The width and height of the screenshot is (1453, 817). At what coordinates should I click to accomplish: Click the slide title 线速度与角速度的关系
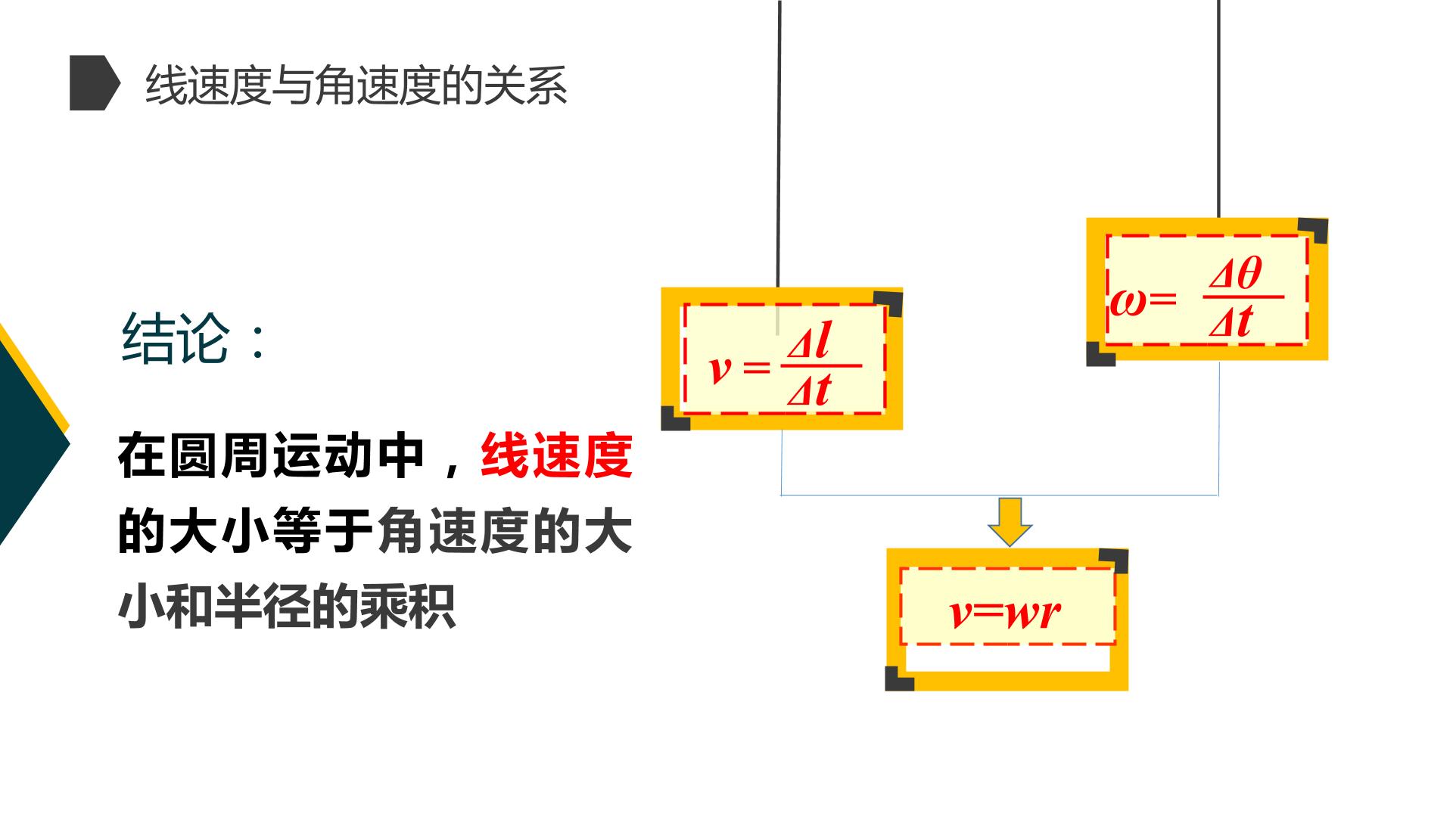pos(356,85)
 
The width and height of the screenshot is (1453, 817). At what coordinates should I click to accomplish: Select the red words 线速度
pos(556,456)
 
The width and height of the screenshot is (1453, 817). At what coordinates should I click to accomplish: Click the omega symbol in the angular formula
pos(1128,300)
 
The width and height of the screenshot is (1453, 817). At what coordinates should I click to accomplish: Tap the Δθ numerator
pos(1236,273)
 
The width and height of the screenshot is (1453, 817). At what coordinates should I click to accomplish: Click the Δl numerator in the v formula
pos(809,342)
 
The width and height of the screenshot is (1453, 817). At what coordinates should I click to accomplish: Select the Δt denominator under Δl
pos(808,390)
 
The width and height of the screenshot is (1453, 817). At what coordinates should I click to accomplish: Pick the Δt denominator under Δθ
pos(1231,320)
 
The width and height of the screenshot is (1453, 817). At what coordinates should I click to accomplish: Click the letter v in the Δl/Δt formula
pos(720,369)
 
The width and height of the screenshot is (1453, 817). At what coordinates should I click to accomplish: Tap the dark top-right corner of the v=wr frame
pos(1114,561)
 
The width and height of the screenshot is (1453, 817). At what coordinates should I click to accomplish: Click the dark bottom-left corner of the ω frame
pos(1100,354)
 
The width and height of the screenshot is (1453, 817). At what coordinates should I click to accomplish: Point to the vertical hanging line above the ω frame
pos(1218,109)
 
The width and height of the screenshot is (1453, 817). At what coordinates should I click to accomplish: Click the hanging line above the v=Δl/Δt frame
pos(779,144)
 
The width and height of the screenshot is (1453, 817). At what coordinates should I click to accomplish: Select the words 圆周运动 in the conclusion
pos(271,456)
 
